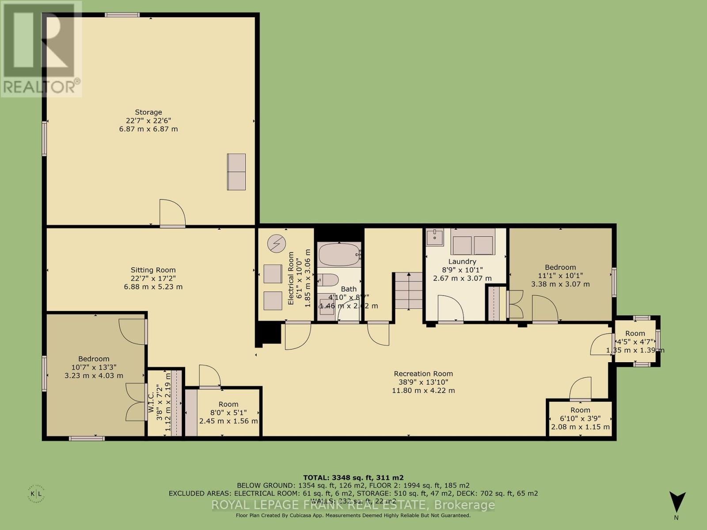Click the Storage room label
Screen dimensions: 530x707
pyautogui.click(x=148, y=121)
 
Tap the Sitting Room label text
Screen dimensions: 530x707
pyautogui.click(x=153, y=278)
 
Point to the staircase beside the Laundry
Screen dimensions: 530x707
pyautogui.click(x=408, y=291)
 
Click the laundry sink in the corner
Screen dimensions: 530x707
pyautogui.click(x=435, y=237)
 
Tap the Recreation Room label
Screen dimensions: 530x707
pyautogui.click(x=423, y=382)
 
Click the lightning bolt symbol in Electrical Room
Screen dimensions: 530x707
pyautogui.click(x=277, y=243)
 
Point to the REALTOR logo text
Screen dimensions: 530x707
pyautogui.click(x=41, y=87)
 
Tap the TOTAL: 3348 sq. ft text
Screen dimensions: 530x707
pyautogui.click(x=353, y=477)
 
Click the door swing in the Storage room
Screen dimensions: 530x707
pyautogui.click(x=172, y=214)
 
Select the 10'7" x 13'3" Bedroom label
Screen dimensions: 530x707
pyautogui.click(x=94, y=367)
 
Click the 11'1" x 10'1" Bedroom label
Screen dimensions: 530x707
pyautogui.click(x=560, y=276)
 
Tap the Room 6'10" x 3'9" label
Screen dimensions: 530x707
pyautogui.click(x=580, y=418)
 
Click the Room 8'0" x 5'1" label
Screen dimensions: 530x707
pyautogui.click(x=228, y=413)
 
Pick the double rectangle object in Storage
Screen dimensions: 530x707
pyautogui.click(x=236, y=172)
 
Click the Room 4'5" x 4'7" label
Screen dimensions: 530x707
pyautogui.click(x=635, y=341)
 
